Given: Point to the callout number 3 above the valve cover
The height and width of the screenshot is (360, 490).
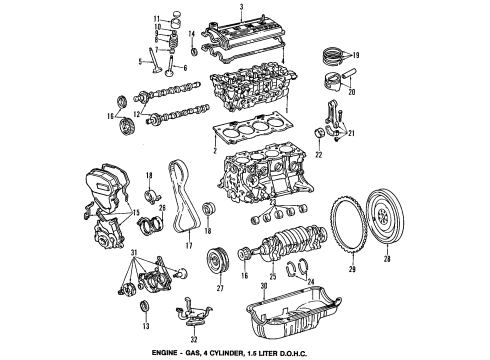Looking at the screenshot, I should click(239, 7).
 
